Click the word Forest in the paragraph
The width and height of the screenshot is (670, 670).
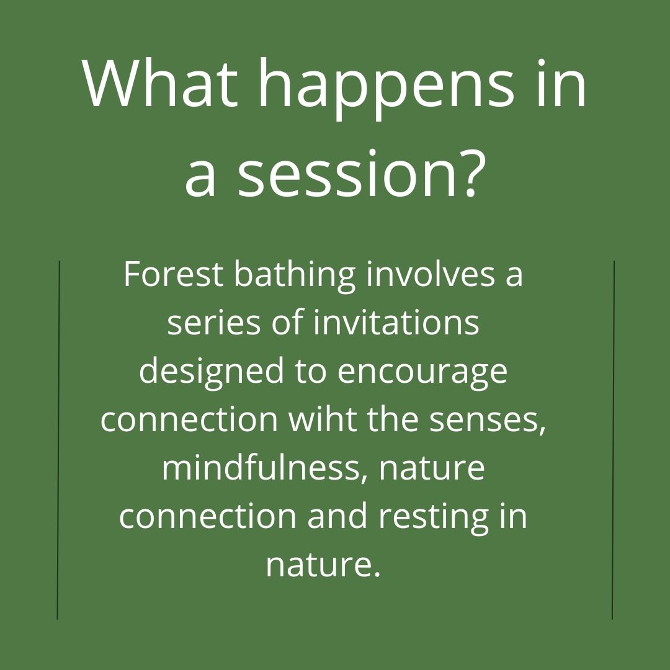click(x=172, y=274)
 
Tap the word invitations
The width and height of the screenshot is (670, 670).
click(x=396, y=323)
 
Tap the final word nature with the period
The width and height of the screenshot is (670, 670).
click(x=323, y=565)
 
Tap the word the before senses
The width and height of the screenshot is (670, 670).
click(x=390, y=419)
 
